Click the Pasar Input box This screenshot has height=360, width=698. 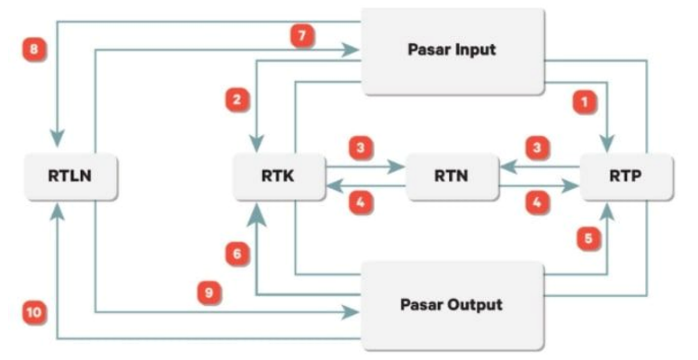click(x=452, y=51)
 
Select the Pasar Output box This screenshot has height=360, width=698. click(x=452, y=305)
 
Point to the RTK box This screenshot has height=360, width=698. click(x=279, y=176)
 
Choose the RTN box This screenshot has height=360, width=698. click(x=452, y=176)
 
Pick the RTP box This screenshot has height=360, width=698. click(x=625, y=176)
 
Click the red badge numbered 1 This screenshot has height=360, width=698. click(x=586, y=103)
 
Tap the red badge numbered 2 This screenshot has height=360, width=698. click(x=237, y=100)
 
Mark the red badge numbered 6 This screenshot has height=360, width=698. click(x=237, y=256)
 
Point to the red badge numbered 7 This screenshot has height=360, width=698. click(x=301, y=35)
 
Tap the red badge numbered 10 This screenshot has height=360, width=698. click(x=33, y=312)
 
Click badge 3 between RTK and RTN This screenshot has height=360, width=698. click(x=360, y=148)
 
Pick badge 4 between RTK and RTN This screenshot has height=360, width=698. click(x=360, y=203)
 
